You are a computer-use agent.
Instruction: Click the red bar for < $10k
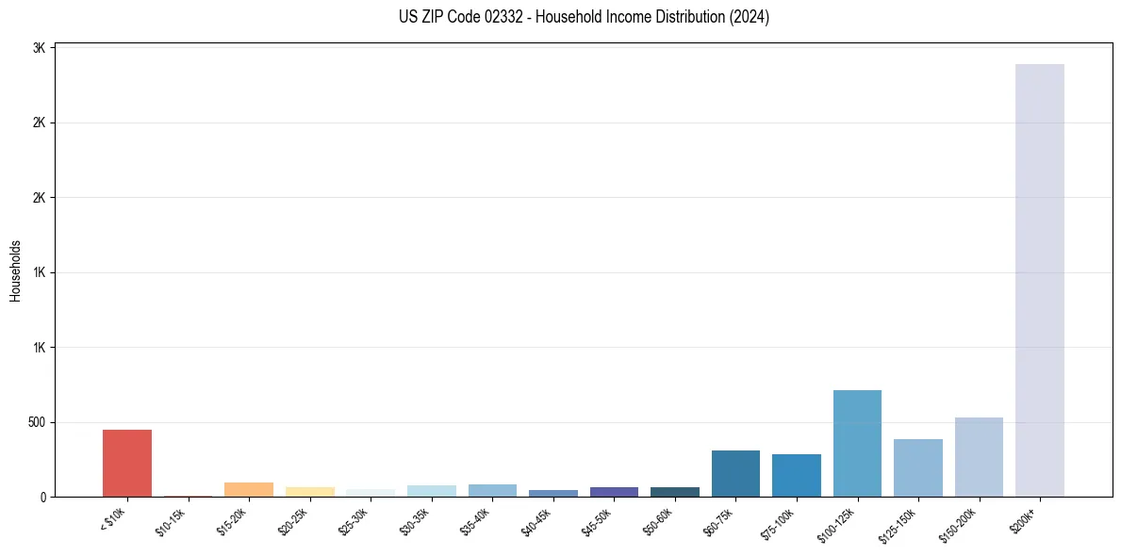coord(127,463)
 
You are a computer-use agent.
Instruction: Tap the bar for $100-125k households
coord(857,443)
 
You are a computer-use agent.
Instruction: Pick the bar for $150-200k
coord(979,457)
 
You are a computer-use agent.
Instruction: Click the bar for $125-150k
coord(917,467)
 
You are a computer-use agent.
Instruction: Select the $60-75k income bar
coord(735,473)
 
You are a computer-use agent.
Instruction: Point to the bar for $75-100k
coord(796,475)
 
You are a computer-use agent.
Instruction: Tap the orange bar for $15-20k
coord(249,489)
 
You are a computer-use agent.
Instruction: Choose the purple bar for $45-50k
coord(614,492)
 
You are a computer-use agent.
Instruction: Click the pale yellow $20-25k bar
coord(309,492)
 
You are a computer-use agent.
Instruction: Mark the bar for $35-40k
coord(492,490)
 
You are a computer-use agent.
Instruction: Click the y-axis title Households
coord(16,270)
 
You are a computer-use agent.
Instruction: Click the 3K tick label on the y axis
coord(40,48)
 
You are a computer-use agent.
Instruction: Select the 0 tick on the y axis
coord(43,497)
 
